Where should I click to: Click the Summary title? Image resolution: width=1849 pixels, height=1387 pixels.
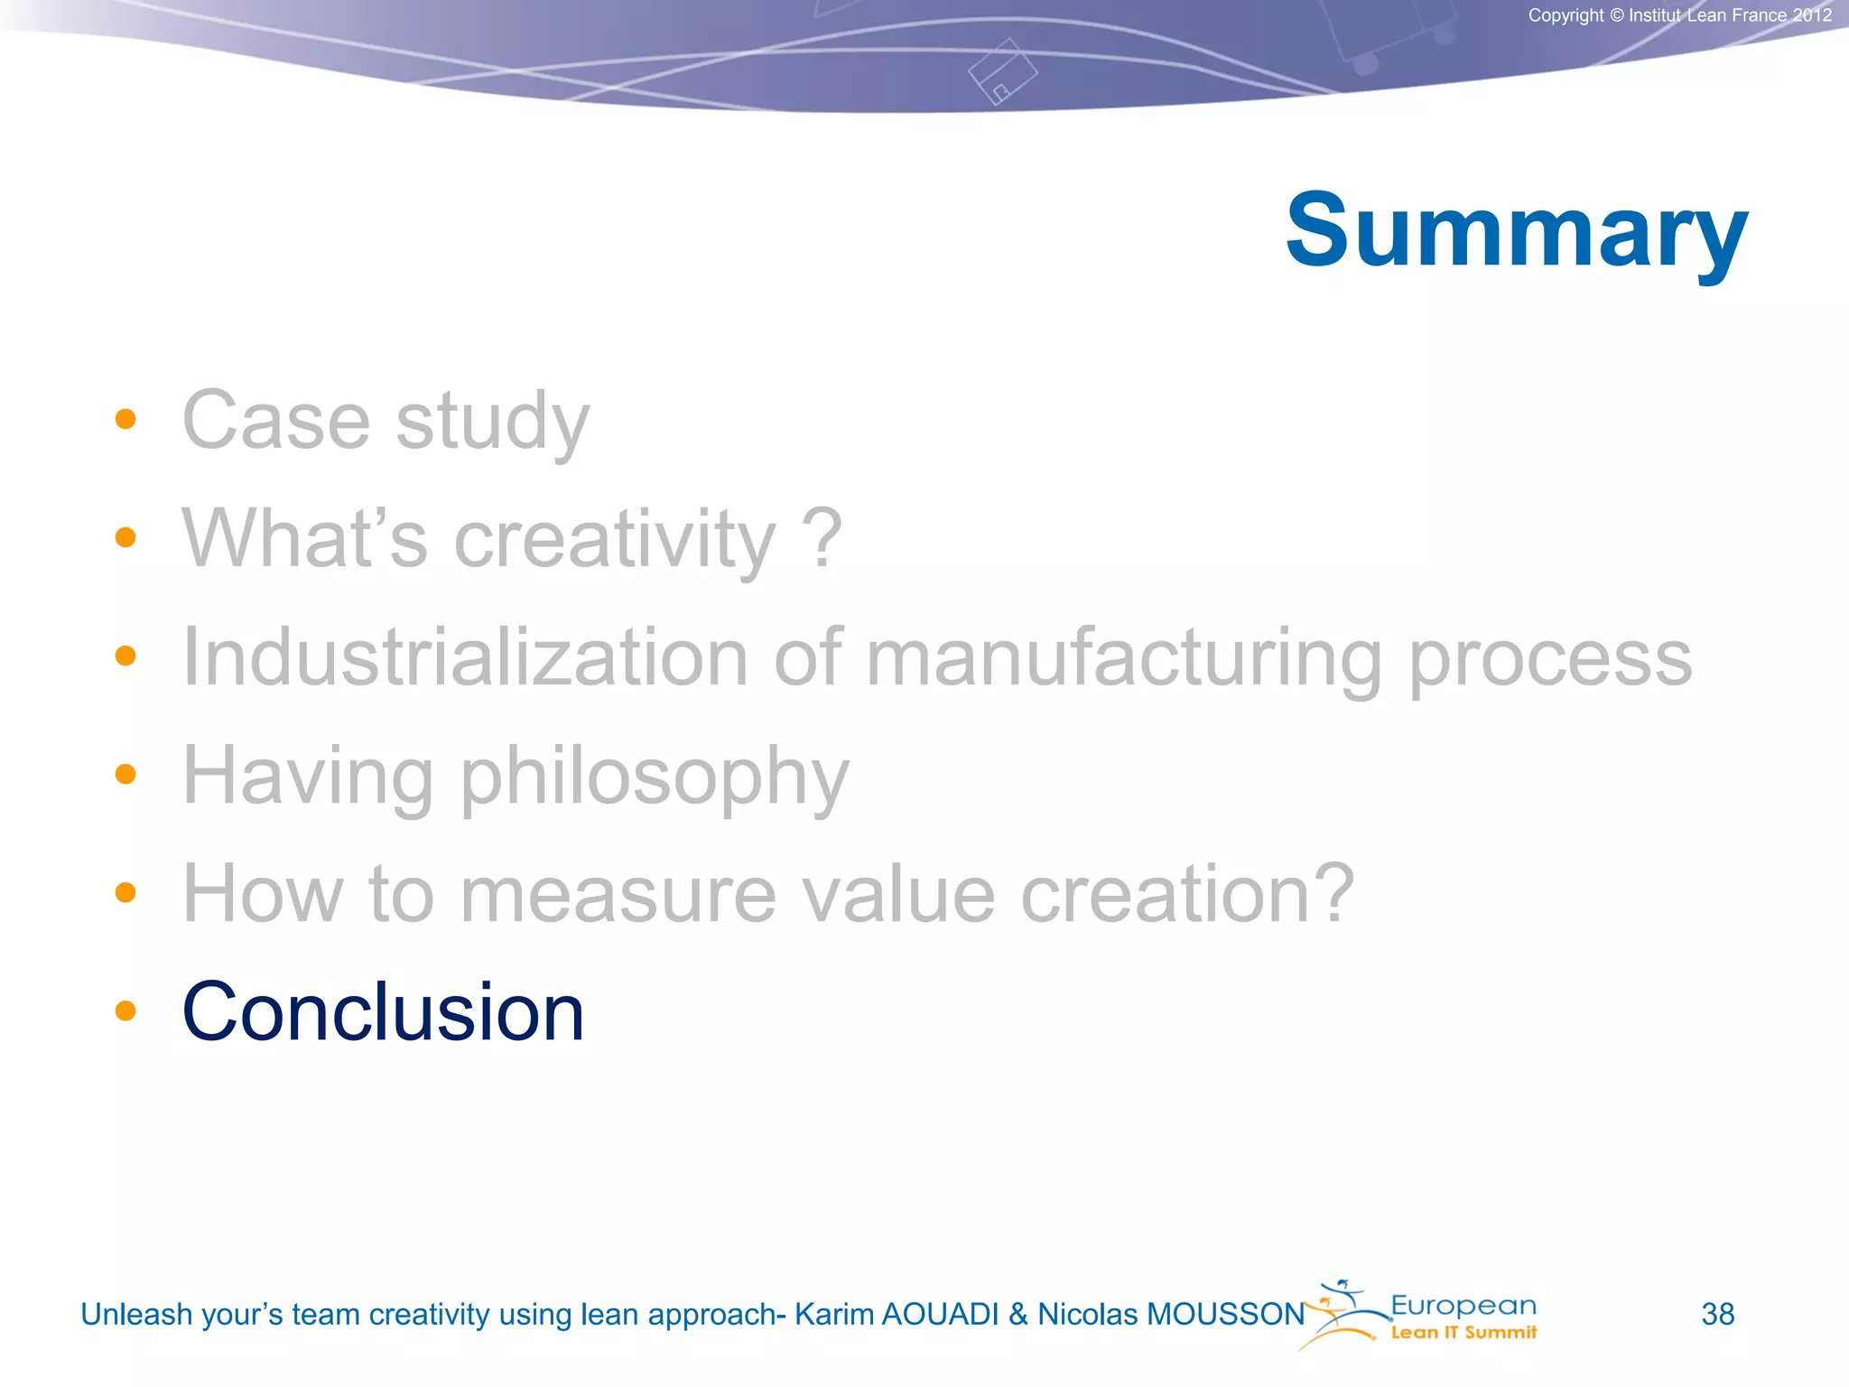[1516, 231]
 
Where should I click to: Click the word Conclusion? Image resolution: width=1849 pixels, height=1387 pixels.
[383, 1012]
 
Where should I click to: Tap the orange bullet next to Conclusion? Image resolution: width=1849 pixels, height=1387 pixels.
[125, 1010]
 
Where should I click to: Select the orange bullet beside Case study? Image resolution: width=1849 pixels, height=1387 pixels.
[125, 419]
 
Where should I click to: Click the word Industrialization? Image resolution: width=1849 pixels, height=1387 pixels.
[465, 657]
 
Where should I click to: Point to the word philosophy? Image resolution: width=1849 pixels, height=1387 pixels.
[655, 777]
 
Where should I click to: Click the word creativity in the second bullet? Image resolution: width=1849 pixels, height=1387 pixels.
[614, 539]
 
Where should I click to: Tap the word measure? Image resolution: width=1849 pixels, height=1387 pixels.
[618, 894]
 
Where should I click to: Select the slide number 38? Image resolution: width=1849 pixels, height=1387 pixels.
[1717, 1314]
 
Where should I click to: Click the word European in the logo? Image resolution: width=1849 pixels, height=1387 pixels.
[1463, 1306]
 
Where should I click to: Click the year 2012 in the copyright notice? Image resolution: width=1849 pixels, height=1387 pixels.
[1812, 15]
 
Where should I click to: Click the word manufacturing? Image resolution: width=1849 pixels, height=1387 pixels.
[1123, 657]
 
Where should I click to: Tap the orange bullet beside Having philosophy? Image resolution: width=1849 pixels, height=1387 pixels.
[125, 774]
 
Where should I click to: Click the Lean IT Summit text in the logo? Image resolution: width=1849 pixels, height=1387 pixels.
[1463, 1333]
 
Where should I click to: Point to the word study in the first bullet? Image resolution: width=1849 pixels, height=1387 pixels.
[493, 422]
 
